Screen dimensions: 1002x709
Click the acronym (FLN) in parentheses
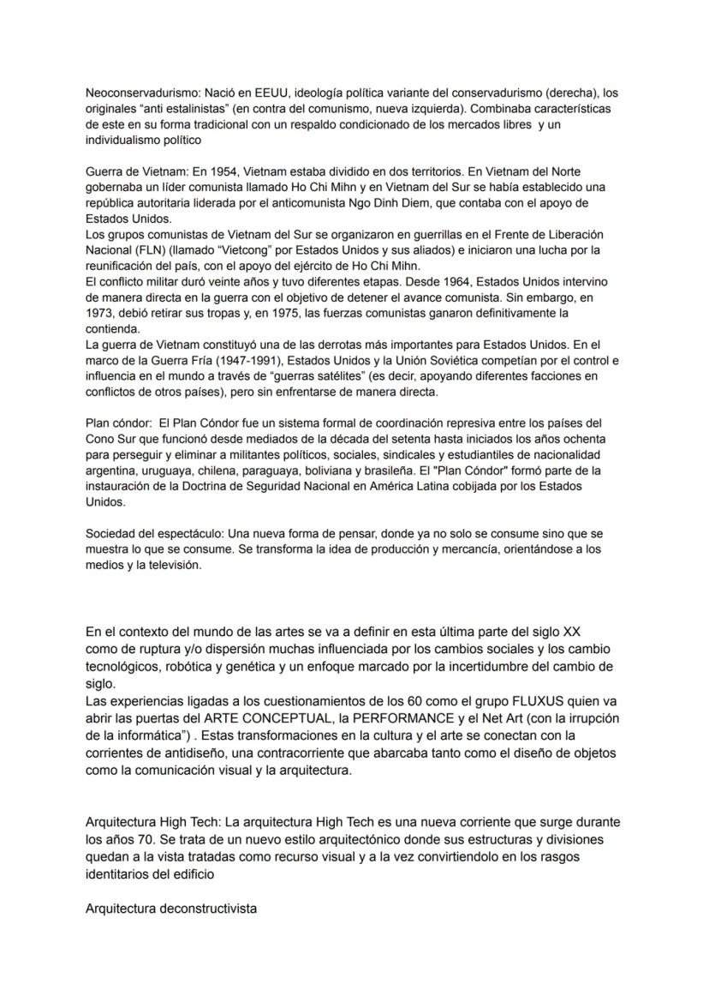pos(150,249)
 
